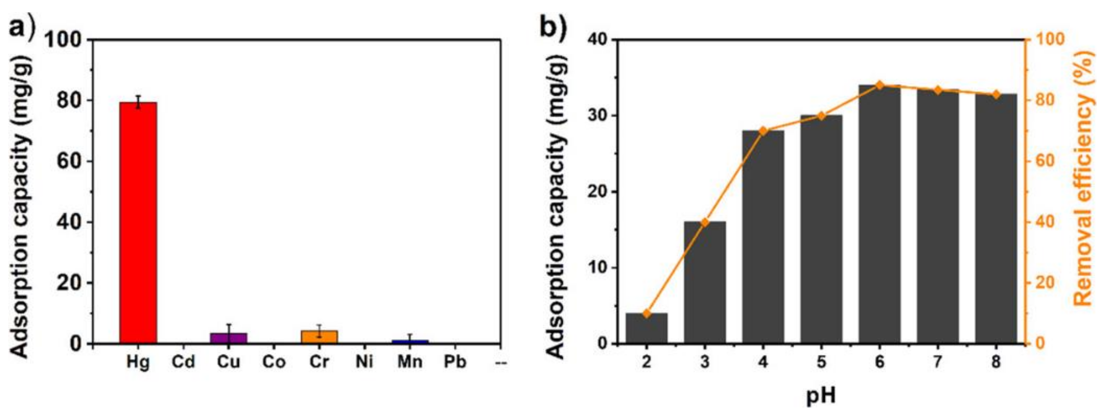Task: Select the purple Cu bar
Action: [229, 338]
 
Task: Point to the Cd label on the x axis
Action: [183, 362]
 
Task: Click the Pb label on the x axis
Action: [455, 362]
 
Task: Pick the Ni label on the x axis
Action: [364, 362]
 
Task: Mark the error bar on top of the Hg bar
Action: [138, 102]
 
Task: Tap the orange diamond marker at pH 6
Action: [879, 85]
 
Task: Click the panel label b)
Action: [553, 27]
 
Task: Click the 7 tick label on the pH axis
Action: [937, 362]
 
